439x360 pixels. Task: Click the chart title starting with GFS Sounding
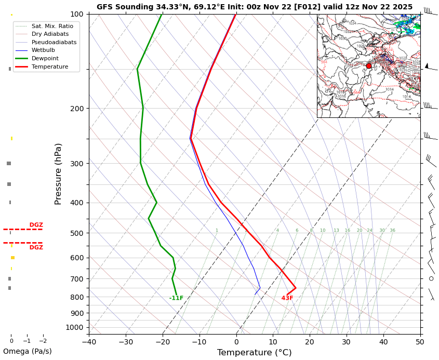255,7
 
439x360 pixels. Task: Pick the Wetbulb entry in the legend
43,50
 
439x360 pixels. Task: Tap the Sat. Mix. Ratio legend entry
52,26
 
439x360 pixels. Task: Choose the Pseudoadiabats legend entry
54,42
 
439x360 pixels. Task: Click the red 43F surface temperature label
287,298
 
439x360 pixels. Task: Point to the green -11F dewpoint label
176,298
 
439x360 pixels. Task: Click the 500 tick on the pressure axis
77,233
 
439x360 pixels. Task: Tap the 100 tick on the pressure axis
77,14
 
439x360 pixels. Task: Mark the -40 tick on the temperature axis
89,341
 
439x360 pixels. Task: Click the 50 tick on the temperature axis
420,341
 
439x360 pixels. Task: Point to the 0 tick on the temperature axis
236,341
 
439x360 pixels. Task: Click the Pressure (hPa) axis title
58,174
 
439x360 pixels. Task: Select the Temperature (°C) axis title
254,353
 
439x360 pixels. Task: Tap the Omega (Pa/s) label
27,352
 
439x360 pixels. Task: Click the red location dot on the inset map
369,66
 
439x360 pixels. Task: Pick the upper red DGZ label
36,225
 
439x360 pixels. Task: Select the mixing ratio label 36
392,231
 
